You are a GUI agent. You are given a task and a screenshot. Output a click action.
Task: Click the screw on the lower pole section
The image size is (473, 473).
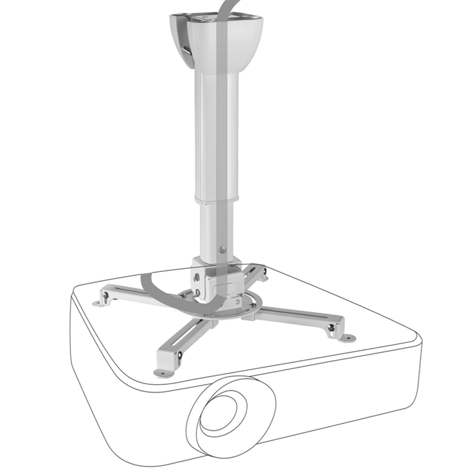[x=223, y=249]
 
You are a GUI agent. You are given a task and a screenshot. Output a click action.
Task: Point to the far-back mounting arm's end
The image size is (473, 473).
[x=260, y=273]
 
